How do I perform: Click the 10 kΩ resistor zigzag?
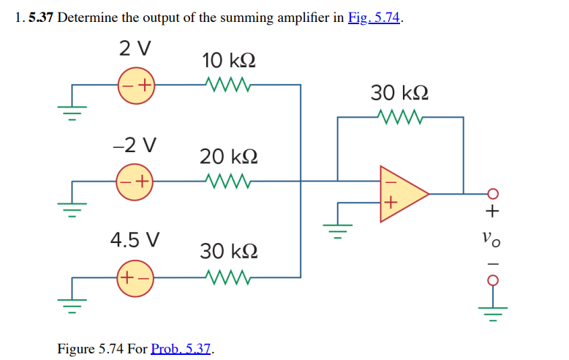pos(229,85)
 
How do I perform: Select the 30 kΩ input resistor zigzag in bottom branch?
pos(229,277)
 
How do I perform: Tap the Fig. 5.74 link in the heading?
pos(374,18)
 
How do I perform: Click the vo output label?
pos(492,237)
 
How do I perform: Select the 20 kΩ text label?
pos(229,156)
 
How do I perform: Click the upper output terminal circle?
pos(492,194)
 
